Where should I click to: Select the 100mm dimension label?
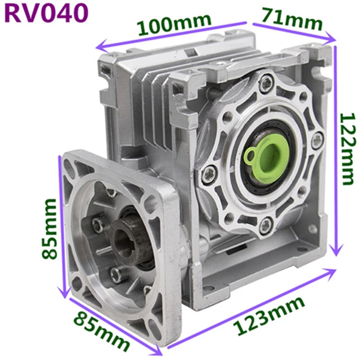point(174,24)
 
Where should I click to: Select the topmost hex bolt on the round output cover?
point(268,82)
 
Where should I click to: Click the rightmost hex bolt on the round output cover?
point(317,140)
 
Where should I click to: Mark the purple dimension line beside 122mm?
point(336,148)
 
